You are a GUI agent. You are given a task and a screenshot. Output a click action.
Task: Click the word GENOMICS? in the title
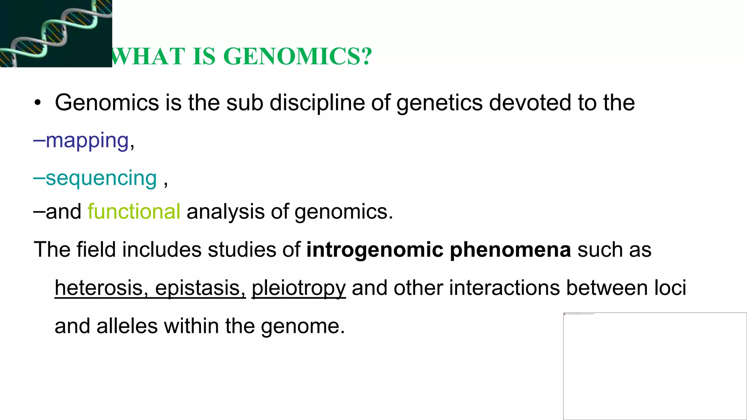coord(298,57)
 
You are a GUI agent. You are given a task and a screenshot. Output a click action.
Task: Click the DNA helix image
coord(56,33)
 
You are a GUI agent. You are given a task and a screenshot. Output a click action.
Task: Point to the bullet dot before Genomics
coord(37,103)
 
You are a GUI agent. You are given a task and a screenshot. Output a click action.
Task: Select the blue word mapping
coord(87,140)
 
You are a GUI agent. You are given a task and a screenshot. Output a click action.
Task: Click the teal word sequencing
coord(101,178)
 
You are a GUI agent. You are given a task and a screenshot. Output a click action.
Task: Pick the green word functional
coord(134,211)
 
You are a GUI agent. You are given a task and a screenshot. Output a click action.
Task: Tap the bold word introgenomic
coord(375,250)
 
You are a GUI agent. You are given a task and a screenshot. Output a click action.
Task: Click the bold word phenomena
coord(510,250)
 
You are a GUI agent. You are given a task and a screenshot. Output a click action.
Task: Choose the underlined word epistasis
coord(200,288)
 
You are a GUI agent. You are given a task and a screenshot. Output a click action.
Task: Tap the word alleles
coord(127,326)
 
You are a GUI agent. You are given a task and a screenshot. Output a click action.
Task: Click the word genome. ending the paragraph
coord(303,327)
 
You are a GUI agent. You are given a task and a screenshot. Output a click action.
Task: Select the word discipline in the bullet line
coord(317,103)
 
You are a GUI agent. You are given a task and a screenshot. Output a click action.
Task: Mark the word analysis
coord(225,212)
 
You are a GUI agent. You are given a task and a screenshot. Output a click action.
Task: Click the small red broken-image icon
coord(565,314)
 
